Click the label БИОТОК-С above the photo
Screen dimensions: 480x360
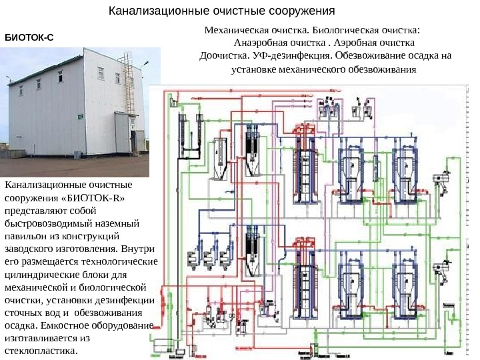pos(29,39)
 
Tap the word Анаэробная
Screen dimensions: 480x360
pos(260,43)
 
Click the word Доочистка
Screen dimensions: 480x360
pos(223,56)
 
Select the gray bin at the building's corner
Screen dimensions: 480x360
pos(78,155)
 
